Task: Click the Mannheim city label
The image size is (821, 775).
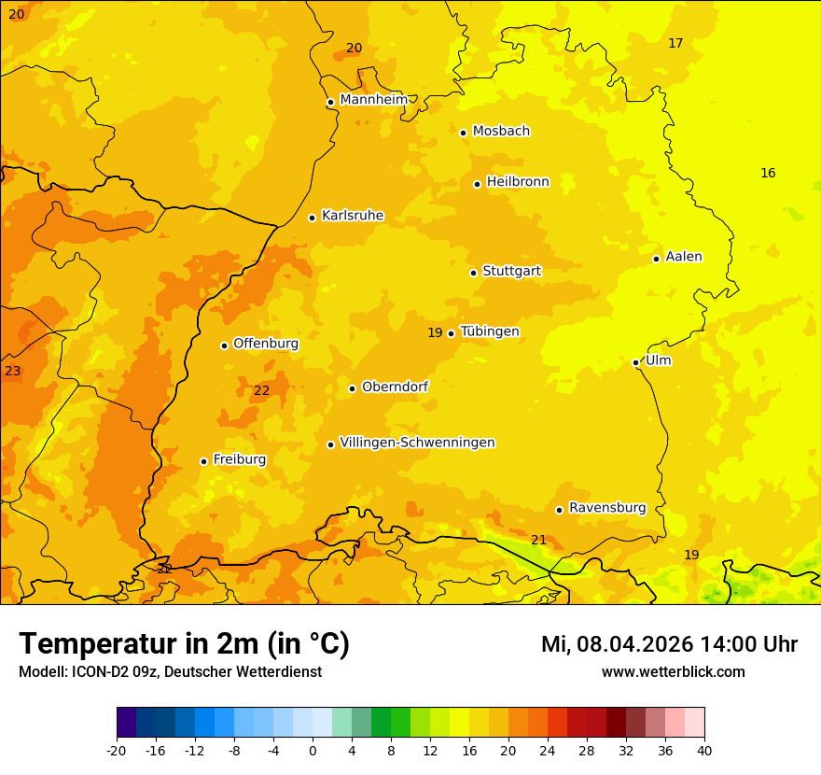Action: click(373, 100)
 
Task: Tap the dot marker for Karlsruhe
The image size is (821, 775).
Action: click(312, 218)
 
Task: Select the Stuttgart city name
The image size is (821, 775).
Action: click(511, 272)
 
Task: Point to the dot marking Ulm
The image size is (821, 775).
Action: click(635, 362)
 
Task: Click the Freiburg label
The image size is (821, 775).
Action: click(239, 459)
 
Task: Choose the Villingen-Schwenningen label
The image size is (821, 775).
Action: click(417, 443)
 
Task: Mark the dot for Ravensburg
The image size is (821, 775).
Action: click(559, 510)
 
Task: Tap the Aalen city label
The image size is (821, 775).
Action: click(684, 257)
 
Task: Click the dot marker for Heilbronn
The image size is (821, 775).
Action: click(477, 184)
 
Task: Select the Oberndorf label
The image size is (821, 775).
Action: click(395, 387)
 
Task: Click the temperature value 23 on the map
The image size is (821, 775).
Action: click(12, 372)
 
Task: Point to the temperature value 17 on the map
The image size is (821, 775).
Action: click(675, 43)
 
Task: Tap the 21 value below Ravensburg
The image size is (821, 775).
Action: click(538, 540)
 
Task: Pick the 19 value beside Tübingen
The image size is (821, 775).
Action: click(435, 333)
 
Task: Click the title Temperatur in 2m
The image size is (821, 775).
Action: click(184, 644)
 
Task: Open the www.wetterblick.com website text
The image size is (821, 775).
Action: click(673, 671)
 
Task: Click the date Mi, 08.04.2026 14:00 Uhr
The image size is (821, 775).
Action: click(669, 644)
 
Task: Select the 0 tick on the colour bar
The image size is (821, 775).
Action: click(313, 750)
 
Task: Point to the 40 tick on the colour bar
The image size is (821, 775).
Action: click(703, 750)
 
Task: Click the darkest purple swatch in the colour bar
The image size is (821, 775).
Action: click(126, 723)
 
